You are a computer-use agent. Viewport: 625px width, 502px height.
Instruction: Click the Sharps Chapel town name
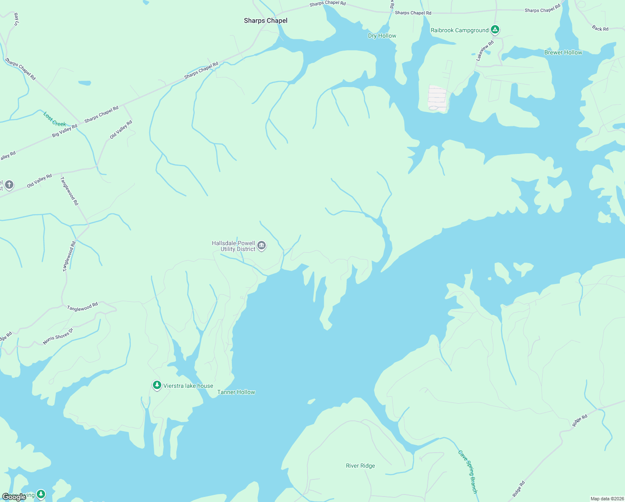click(x=266, y=20)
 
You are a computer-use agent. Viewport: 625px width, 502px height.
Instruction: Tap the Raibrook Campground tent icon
click(x=495, y=30)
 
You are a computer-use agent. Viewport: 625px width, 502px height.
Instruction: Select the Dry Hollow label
click(x=382, y=36)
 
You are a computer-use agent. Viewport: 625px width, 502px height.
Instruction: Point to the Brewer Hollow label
click(x=563, y=52)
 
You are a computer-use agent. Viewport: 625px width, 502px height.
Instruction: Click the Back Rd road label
click(x=600, y=28)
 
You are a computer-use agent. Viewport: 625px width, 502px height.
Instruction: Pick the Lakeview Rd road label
click(x=485, y=51)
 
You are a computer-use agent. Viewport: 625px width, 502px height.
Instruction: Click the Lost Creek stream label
click(x=55, y=119)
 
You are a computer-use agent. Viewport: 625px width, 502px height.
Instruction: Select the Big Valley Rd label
click(x=65, y=131)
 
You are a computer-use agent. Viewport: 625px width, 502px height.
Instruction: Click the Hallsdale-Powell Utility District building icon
click(x=262, y=246)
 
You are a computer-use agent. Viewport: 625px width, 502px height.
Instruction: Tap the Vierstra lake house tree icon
click(x=157, y=385)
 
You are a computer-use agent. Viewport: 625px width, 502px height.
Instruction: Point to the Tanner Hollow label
click(x=236, y=392)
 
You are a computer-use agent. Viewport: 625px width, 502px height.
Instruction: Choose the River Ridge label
click(x=360, y=466)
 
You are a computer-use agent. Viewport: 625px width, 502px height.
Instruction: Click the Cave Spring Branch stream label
click(x=467, y=471)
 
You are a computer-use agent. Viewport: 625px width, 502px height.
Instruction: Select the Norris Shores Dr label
click(x=58, y=337)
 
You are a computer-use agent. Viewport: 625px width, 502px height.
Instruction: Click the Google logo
click(x=14, y=497)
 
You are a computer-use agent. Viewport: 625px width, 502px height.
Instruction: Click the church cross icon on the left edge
click(x=9, y=184)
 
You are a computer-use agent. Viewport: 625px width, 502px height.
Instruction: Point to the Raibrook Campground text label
click(x=460, y=30)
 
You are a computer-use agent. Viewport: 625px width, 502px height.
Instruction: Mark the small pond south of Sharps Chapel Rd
click(x=84, y=83)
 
